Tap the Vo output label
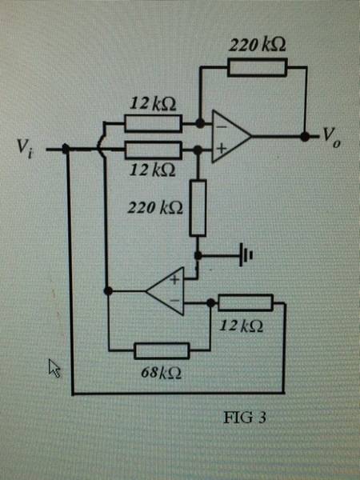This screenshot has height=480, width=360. [331, 138]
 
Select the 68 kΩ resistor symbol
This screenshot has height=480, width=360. [162, 351]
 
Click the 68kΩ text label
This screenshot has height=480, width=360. [161, 373]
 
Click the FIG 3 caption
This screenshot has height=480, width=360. [245, 418]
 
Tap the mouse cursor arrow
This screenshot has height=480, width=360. [54, 368]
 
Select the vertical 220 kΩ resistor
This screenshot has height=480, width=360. [198, 208]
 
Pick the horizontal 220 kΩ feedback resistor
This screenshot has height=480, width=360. [258, 67]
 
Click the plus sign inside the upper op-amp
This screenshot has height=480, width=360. [222, 149]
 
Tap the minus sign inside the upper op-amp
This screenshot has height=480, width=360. [222, 126]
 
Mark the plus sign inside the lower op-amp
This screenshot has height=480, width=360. [174, 279]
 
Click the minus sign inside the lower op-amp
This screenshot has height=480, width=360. [174, 301]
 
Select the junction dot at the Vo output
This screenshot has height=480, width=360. [305, 137]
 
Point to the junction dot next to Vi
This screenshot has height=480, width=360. [66, 149]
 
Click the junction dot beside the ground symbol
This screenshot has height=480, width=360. [198, 255]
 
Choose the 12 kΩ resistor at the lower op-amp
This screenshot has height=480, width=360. [246, 302]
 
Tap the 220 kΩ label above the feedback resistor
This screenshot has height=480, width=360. [258, 45]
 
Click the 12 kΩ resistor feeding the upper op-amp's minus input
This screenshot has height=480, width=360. [154, 123]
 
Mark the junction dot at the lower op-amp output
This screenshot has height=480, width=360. [108, 290]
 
